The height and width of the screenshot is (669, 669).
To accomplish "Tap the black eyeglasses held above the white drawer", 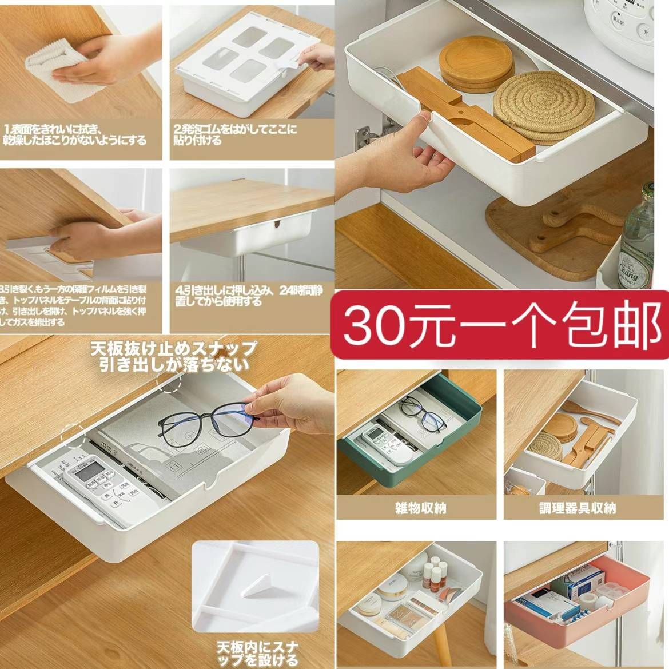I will pos(206,420).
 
